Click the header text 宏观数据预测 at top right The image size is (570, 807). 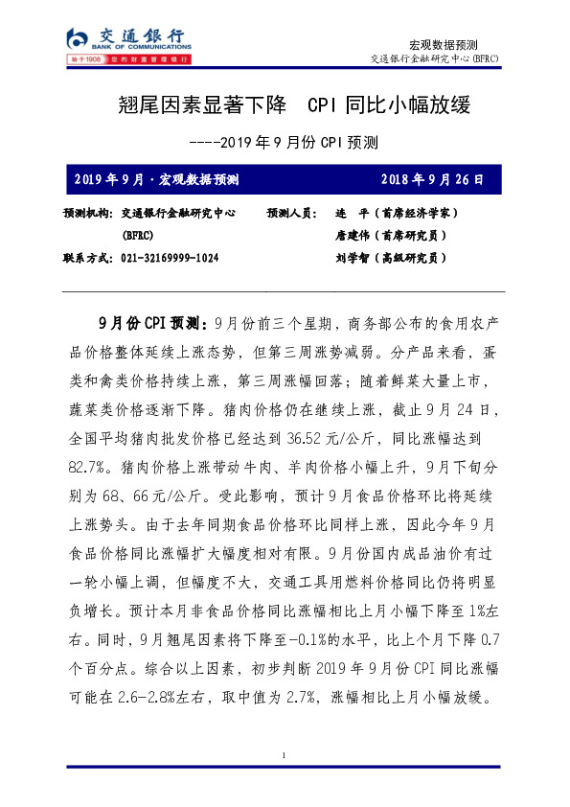[444, 45]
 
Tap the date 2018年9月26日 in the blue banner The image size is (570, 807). [435, 179]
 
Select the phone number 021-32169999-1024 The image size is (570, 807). [171, 259]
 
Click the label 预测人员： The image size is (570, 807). [295, 213]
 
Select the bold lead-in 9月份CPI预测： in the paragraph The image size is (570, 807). [148, 321]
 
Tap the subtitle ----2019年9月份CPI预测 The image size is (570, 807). [285, 143]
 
